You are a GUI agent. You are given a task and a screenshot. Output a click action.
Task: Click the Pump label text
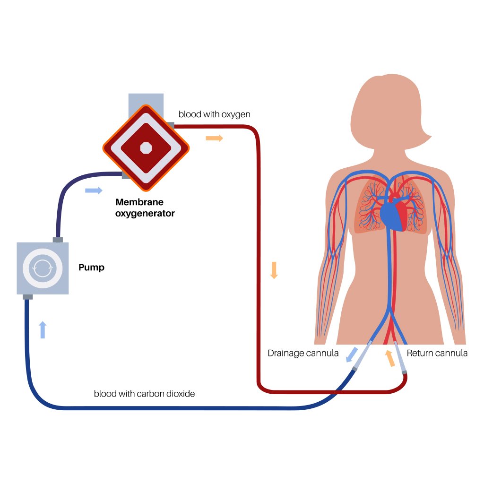tap(91, 268)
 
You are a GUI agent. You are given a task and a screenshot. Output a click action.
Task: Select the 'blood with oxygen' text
tap(214, 114)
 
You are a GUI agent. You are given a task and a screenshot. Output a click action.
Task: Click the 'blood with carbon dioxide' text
tap(144, 393)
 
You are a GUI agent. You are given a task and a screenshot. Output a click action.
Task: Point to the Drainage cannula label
tap(303, 353)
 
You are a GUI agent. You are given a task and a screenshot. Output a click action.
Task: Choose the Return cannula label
tap(437, 353)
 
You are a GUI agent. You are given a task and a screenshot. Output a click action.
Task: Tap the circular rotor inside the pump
tap(43, 268)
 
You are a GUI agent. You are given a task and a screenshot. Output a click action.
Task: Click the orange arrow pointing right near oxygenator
tap(214, 138)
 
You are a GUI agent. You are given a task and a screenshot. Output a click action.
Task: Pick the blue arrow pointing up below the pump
tap(43, 329)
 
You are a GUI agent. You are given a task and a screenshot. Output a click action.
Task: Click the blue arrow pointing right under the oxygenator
tap(94, 190)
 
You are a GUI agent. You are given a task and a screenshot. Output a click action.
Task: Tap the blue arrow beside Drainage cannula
tap(351, 355)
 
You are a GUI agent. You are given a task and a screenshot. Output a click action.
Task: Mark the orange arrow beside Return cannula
tap(389, 358)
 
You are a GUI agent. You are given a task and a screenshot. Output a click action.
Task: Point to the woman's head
tap(388, 111)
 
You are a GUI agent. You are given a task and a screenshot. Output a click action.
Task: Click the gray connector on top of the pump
tap(58, 240)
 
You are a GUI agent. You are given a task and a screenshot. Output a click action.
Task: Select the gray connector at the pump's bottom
tap(27, 297)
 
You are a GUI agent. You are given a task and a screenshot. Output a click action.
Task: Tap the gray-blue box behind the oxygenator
tap(146, 102)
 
